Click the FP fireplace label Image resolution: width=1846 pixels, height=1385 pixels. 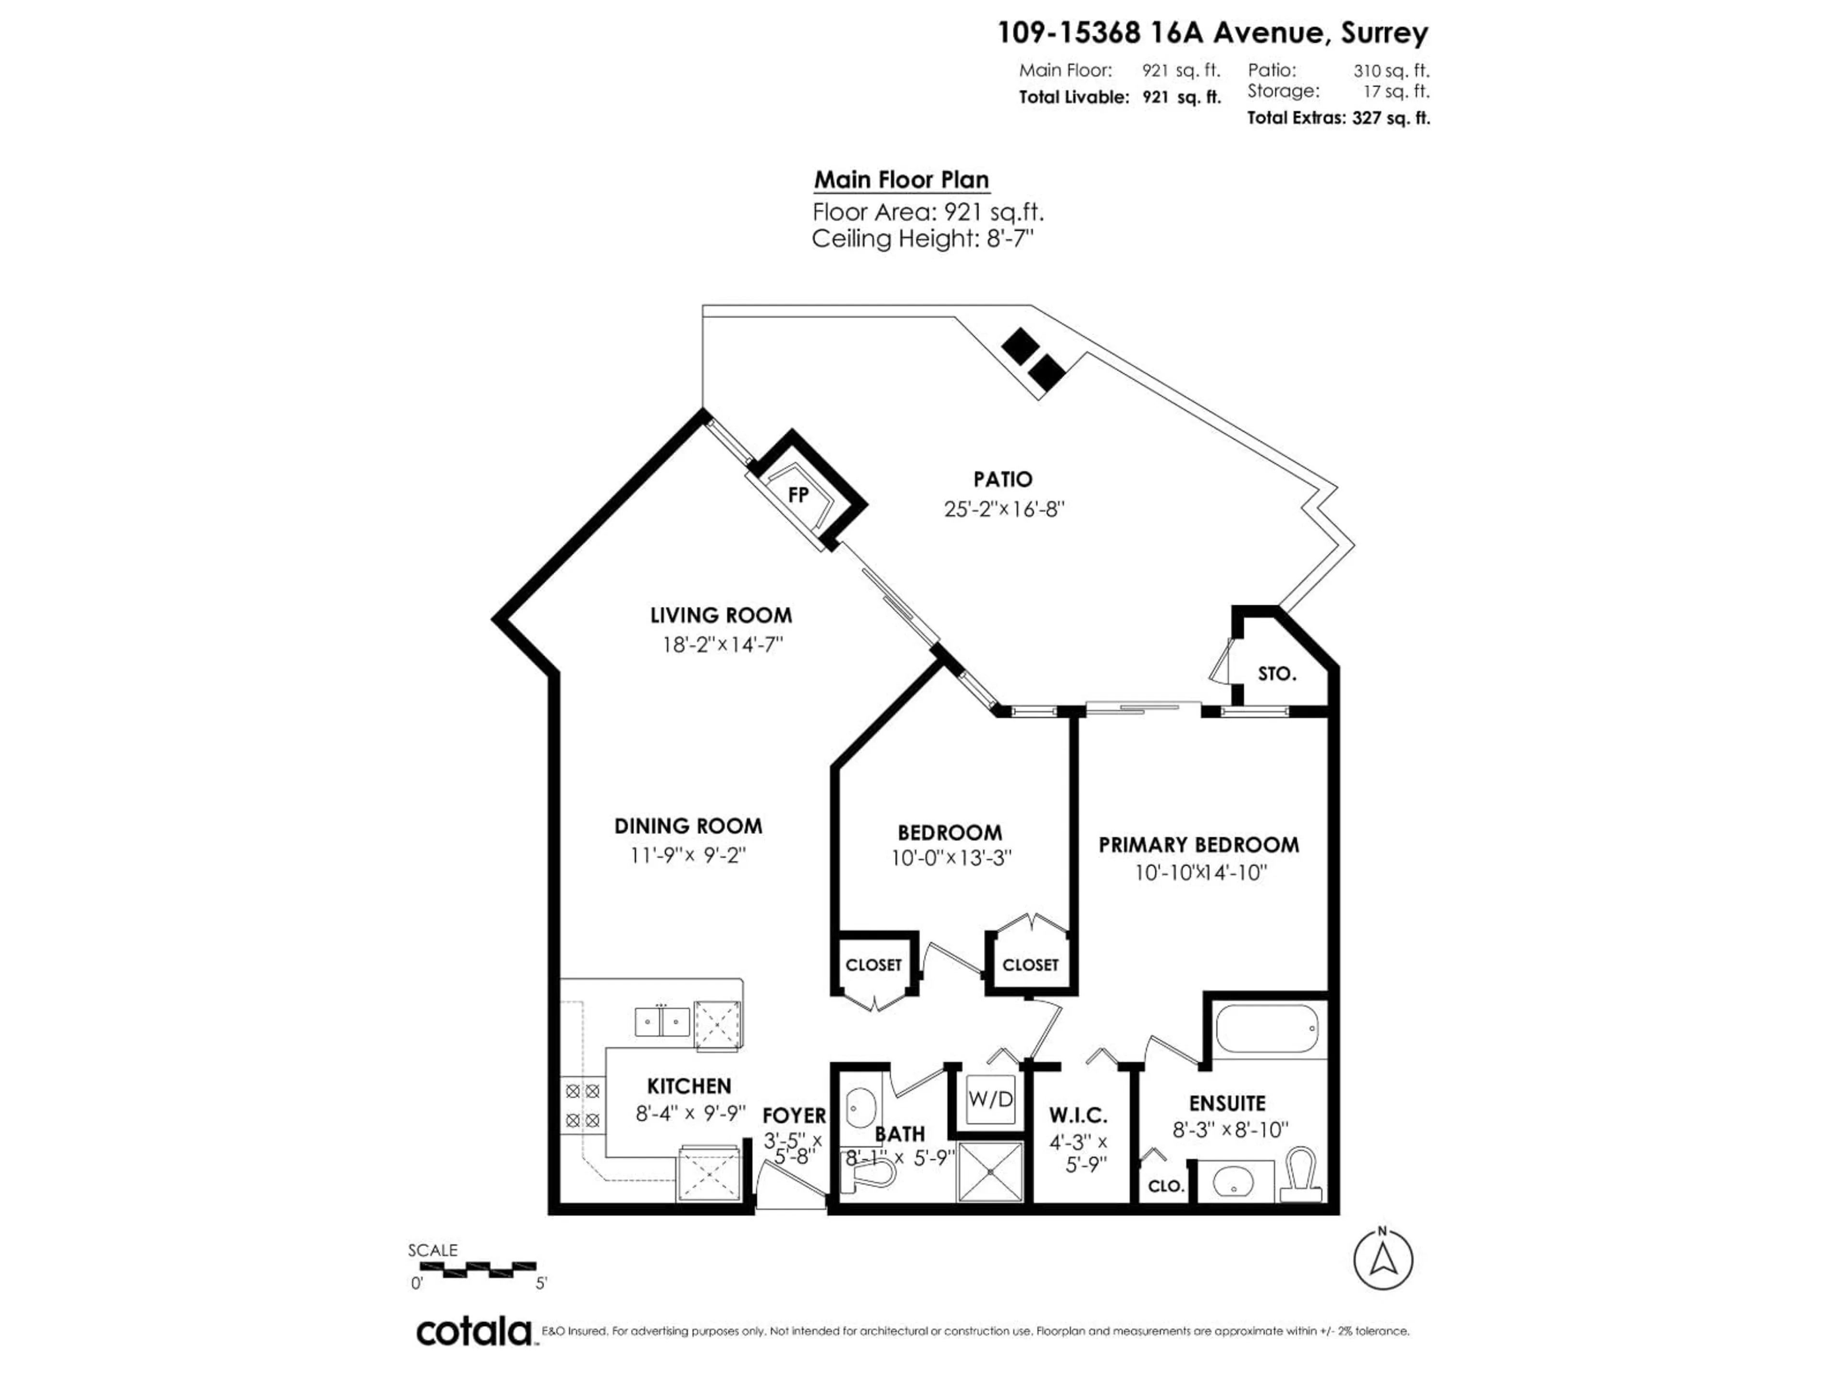coord(798,495)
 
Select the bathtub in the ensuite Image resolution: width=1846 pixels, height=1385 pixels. coord(1266,1029)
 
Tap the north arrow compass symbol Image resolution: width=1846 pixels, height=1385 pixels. coord(1383,1259)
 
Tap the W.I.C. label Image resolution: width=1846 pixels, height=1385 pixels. coord(1078,1115)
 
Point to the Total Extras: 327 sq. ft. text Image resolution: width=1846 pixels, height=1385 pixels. coord(1338,118)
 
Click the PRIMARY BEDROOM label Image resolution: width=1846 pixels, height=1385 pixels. coord(1198,845)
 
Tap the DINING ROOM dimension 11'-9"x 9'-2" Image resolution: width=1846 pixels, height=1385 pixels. coord(687,856)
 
